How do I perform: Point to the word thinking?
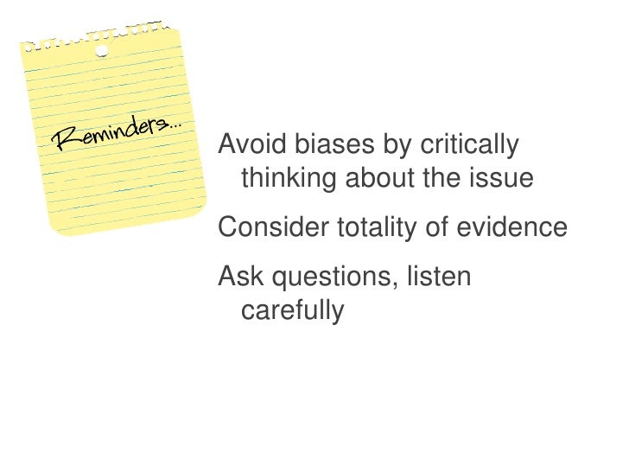[x=289, y=180]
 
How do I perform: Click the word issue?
[x=505, y=179]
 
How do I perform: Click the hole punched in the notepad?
[x=102, y=51]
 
